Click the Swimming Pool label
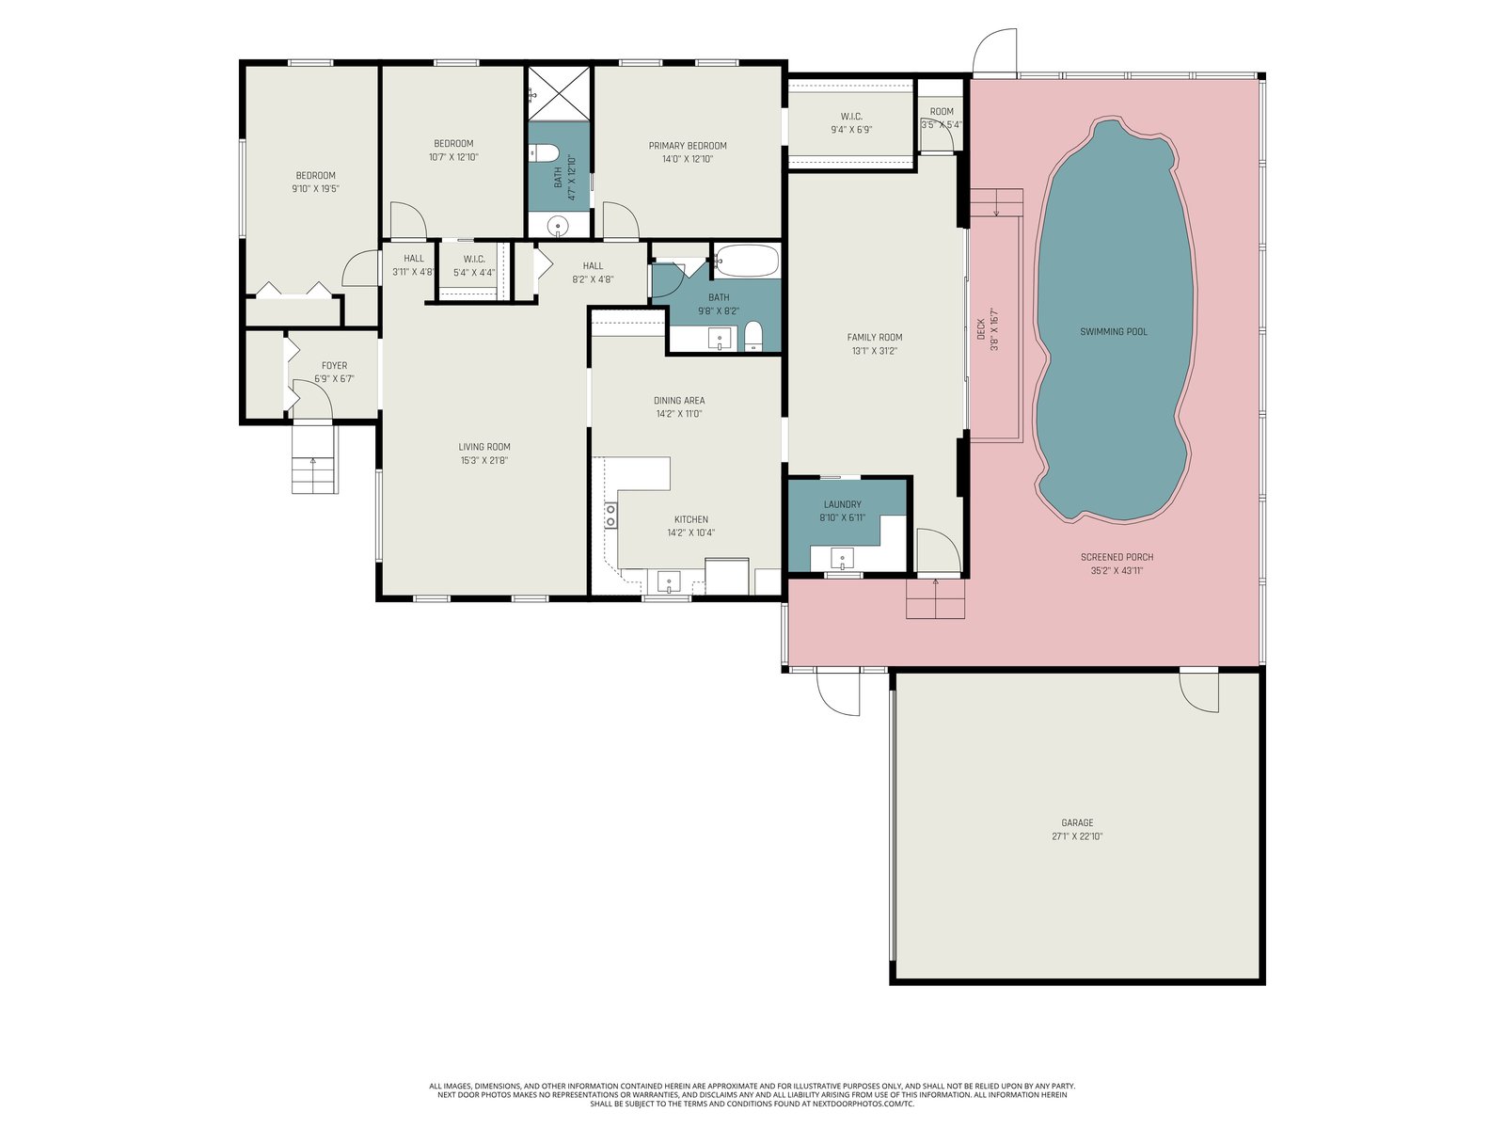[x=1113, y=332]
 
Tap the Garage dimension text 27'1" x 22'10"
[x=1076, y=836]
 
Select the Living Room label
[x=484, y=447]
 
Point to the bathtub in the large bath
[x=747, y=261]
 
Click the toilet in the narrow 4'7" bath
[x=546, y=152]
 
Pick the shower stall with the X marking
[x=559, y=93]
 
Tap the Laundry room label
[x=842, y=504]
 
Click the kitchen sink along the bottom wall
[x=669, y=581]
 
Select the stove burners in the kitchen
[x=610, y=515]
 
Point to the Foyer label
[x=335, y=365]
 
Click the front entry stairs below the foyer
[x=315, y=458]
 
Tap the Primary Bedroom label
[x=688, y=145]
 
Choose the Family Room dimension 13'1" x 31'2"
[x=874, y=351]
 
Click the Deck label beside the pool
[x=980, y=329]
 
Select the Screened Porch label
[x=1117, y=557]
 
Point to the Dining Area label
[x=679, y=401]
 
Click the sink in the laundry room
[x=842, y=559]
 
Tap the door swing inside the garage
[x=1198, y=692]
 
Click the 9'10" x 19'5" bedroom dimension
[x=315, y=188]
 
